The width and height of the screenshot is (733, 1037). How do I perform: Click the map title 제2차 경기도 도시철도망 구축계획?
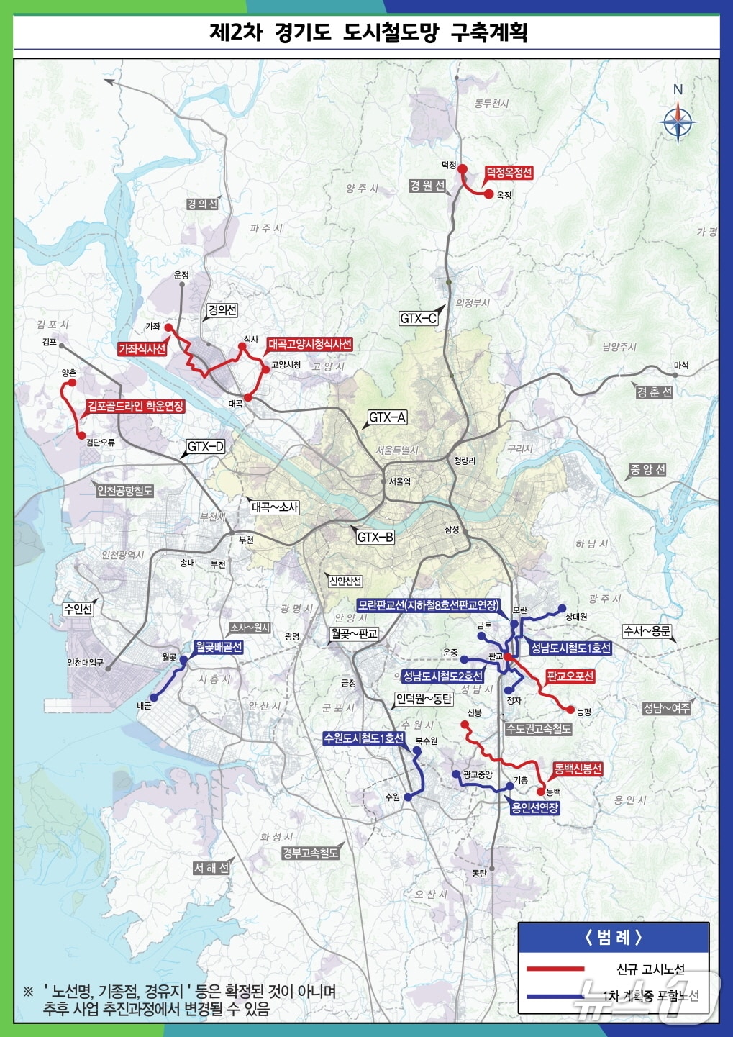click(368, 32)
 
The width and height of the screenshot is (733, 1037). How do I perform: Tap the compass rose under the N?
click(677, 122)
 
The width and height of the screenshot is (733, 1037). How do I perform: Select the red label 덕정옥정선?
click(508, 173)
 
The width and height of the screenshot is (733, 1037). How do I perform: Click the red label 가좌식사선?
click(142, 349)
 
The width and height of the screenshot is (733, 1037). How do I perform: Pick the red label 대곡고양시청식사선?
click(309, 345)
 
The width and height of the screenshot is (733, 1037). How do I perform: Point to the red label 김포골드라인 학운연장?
click(135, 407)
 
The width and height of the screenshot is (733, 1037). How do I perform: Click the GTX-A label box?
click(387, 417)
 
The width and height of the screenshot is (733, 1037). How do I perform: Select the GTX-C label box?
click(418, 318)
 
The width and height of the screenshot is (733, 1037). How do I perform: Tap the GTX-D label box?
click(206, 447)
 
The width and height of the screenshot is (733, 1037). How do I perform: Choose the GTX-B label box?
click(375, 537)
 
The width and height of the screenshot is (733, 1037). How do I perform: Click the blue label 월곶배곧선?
click(218, 647)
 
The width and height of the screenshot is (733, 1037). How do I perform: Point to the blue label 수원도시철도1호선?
click(364, 738)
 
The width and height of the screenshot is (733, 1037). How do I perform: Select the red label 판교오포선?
click(570, 676)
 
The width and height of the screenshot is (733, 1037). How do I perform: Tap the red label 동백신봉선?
click(578, 769)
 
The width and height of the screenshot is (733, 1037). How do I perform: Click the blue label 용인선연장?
click(534, 807)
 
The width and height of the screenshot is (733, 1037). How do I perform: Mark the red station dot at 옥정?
click(488, 194)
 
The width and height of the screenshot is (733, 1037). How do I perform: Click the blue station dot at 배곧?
click(153, 697)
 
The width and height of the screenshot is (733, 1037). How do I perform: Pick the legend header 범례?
click(613, 937)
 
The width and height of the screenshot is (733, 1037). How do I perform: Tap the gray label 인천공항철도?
click(125, 491)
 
